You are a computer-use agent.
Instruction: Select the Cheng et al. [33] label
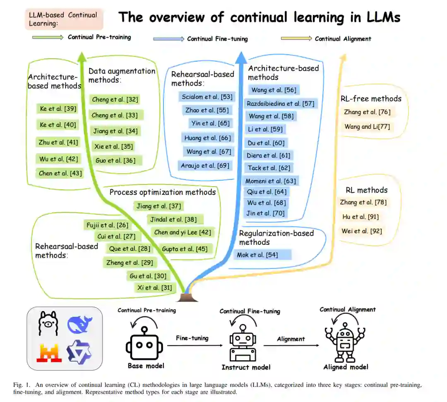(x=115, y=115)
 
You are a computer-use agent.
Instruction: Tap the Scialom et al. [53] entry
(x=207, y=97)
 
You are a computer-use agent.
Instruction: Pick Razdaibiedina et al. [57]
(x=280, y=103)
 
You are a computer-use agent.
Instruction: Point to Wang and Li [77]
(x=367, y=127)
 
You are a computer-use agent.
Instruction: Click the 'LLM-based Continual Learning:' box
(x=63, y=19)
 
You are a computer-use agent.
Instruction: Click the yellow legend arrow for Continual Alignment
(x=296, y=38)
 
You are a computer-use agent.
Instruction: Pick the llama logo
(x=48, y=323)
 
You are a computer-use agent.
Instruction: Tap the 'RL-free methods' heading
(x=371, y=98)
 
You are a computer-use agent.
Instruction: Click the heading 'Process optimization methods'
(x=163, y=192)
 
